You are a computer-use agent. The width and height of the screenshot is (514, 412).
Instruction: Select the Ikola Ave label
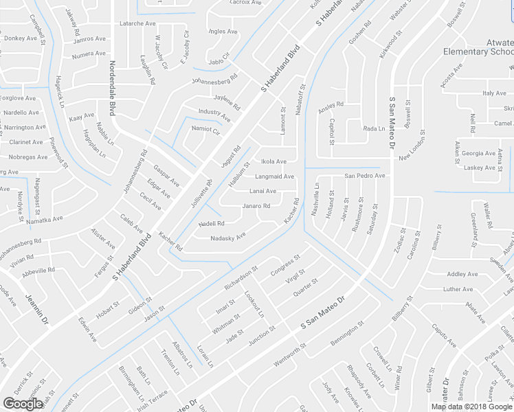coord(273,162)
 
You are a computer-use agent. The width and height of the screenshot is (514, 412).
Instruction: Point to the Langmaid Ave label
coord(274,176)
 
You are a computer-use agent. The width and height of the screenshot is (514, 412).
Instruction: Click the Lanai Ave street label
coord(262,191)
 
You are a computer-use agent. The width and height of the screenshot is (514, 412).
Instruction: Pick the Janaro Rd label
coord(256,205)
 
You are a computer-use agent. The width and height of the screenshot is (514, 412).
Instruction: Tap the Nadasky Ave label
coord(227,237)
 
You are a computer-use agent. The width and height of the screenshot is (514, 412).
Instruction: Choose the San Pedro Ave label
coord(365,176)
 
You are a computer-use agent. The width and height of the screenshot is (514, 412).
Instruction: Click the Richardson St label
coord(241,277)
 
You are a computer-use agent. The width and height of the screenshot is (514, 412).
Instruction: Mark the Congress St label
coord(285,265)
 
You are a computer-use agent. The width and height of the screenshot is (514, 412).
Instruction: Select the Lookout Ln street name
coord(254,304)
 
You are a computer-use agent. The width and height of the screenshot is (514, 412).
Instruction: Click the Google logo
coord(23,404)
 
